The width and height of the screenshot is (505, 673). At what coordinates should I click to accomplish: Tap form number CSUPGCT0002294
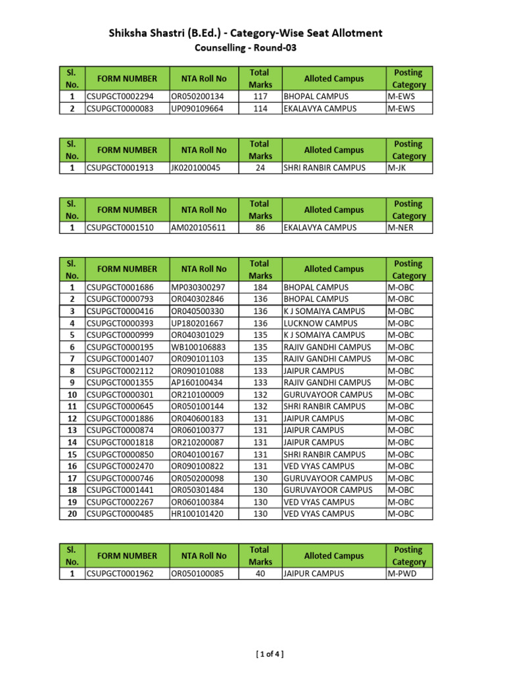click(120, 97)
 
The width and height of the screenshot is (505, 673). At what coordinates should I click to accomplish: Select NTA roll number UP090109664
click(197, 108)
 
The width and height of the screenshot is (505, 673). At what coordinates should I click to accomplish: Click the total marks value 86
click(260, 227)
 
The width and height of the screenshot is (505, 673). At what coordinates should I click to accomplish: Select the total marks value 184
click(260, 287)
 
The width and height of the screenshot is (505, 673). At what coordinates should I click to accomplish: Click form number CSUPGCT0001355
click(120, 383)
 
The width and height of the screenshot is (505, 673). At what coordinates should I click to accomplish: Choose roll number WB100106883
click(198, 347)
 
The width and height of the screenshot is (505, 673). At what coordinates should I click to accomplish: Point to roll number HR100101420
click(197, 514)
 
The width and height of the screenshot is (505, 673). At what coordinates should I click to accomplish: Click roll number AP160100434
click(197, 383)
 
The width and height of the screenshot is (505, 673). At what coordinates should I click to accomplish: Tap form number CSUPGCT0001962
click(120, 574)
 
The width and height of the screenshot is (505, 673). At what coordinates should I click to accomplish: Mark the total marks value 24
click(260, 168)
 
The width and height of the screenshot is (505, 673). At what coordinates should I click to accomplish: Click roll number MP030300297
click(198, 287)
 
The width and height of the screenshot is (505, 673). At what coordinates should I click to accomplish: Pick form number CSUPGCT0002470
click(120, 466)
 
